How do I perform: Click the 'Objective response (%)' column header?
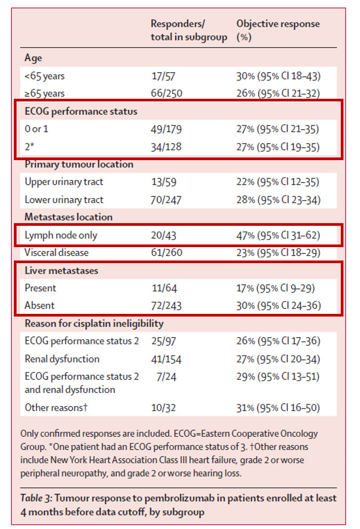pyautogui.click(x=278, y=30)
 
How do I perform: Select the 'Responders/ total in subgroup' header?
pyautogui.click(x=189, y=30)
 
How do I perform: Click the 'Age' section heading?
pyautogui.click(x=33, y=58)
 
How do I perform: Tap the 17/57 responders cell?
pyautogui.click(x=163, y=76)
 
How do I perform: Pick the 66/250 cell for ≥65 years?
pyautogui.click(x=166, y=93)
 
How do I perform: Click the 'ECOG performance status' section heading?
pyautogui.click(x=81, y=112)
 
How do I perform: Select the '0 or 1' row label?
pyautogui.click(x=36, y=129)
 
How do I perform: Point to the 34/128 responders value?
pyautogui.click(x=166, y=147)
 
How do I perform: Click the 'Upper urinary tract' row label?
pyautogui.click(x=63, y=182)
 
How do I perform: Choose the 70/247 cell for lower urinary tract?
pyautogui.click(x=166, y=200)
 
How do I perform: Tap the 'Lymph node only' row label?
pyautogui.click(x=61, y=235)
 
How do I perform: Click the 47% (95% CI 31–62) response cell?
pyautogui.click(x=278, y=235)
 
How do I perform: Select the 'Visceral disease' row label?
pyautogui.click(x=57, y=252)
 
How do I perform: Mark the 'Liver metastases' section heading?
pyautogui.click(x=61, y=271)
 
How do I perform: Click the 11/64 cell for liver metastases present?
pyautogui.click(x=164, y=288)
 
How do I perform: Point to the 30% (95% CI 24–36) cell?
pyautogui.click(x=278, y=306)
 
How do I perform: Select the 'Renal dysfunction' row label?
pyautogui.click(x=62, y=359)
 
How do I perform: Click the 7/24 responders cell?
pyautogui.click(x=166, y=376)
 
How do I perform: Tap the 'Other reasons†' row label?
pyautogui.click(x=56, y=407)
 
